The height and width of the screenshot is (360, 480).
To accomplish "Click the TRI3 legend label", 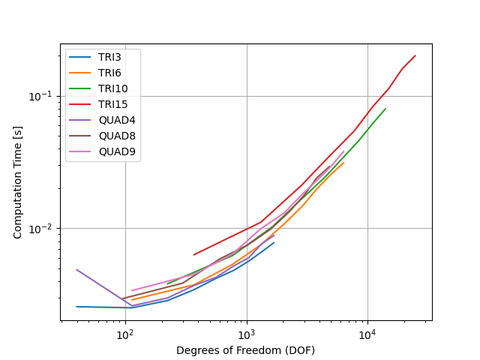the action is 109,57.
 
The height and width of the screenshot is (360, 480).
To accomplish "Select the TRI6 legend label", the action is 109,73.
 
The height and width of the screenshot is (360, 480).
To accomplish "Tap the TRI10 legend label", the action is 113,88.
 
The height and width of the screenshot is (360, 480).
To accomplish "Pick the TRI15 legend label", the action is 113,104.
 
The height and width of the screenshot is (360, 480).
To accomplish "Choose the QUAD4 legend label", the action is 117,120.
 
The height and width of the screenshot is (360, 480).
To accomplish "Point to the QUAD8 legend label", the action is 117,136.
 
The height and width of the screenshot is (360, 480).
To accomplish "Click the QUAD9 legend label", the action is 117,151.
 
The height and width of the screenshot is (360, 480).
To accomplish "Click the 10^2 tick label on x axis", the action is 126,335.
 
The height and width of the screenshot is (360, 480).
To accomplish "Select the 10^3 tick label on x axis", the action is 247,335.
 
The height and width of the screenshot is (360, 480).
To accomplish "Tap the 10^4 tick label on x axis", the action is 368,335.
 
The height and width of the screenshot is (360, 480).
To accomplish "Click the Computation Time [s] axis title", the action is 17,182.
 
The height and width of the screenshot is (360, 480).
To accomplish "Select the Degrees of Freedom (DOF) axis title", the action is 245,350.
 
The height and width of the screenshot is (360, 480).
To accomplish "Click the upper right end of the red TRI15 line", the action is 415,55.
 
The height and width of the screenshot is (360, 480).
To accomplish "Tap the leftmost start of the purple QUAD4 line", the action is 76,270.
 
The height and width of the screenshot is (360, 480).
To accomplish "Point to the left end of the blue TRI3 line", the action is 76,307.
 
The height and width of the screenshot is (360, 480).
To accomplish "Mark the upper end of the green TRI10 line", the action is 385,109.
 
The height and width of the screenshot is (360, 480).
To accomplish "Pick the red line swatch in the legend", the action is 80,104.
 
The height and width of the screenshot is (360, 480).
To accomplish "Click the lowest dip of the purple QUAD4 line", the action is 132,305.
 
